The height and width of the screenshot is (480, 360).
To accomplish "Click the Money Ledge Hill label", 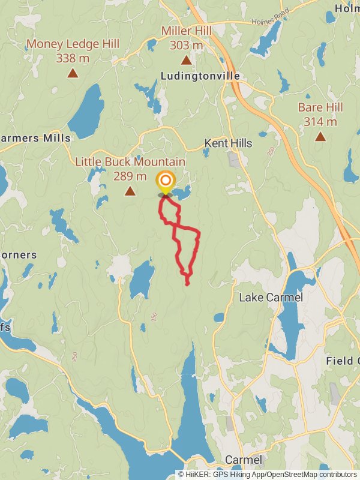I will pos(73,44).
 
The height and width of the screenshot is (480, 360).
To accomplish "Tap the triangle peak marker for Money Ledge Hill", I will pos(73,73).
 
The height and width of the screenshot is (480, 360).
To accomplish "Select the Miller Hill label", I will pos(186,31).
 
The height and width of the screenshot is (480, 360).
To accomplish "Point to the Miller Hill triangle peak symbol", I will pos(186,60).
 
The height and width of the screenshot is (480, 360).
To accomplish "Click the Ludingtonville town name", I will pos(200,76).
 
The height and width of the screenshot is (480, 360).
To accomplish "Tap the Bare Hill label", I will pos(320,107).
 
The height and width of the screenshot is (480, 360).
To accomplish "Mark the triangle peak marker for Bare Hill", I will pos(320,137).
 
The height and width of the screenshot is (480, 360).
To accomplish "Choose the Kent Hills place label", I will pos(228,143).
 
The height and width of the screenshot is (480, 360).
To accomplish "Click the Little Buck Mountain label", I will pos(130,162).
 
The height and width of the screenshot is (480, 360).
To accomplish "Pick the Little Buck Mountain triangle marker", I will pos(130,191).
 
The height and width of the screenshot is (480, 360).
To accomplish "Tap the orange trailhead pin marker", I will pos(165,181).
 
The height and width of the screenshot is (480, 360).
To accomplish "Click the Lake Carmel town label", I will pos(271,298).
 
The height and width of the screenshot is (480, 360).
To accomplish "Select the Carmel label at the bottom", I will pos(243,460).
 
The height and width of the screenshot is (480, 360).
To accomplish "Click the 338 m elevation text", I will pos(73,58).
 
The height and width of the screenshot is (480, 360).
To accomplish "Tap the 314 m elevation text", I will pos(320,122).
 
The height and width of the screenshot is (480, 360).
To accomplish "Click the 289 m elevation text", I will pos(130,176).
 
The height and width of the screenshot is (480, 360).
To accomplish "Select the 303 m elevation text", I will pos(186,45).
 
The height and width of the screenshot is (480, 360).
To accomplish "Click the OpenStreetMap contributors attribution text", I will pos(312,475).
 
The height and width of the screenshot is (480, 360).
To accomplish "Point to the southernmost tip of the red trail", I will pos(188,284).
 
